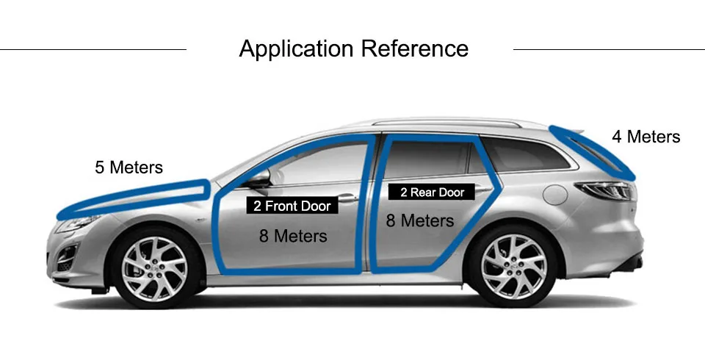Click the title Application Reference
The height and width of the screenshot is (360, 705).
(353, 49)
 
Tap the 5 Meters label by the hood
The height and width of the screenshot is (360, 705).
(129, 168)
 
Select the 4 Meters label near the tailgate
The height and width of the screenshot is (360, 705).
(646, 137)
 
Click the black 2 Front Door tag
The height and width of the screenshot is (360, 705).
(292, 206)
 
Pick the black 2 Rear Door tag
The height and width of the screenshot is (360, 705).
(432, 192)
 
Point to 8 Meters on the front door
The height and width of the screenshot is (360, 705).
(292, 236)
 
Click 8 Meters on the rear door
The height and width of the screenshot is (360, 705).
(420, 220)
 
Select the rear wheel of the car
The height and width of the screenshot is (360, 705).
(513, 267)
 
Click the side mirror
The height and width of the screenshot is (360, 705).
(258, 179)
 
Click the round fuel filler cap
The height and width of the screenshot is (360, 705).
(556, 194)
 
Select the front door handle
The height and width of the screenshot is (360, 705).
(348, 198)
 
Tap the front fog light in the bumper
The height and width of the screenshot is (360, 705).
(66, 256)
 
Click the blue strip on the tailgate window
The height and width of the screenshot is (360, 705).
(591, 151)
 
